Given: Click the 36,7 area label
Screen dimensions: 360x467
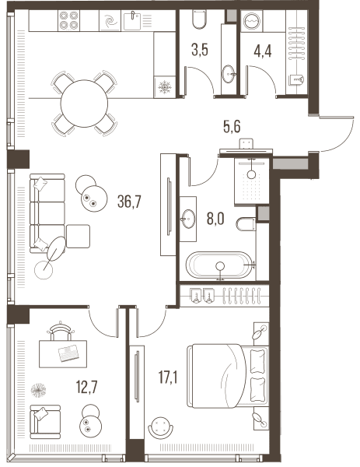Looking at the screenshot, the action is (129, 202).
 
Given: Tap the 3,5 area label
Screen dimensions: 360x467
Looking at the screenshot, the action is (200, 50).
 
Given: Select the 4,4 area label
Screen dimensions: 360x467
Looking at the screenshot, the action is (262, 51).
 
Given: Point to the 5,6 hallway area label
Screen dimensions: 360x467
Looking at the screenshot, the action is (232, 127).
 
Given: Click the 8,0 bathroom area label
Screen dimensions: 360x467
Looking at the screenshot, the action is (215, 219).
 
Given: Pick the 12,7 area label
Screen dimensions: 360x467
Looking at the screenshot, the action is (86, 388).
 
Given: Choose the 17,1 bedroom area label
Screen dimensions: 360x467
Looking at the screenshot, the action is (169, 377).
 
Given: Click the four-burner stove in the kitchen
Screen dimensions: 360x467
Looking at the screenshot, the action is (69, 20).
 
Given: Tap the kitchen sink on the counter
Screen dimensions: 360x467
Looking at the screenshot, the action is (132, 20).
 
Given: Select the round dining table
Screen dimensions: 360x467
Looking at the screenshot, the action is (84, 104).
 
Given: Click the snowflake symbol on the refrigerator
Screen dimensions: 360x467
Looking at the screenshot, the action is (164, 87).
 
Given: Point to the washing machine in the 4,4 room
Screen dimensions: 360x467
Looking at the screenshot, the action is (251, 21).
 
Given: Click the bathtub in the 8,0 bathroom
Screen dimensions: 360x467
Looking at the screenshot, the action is (219, 265).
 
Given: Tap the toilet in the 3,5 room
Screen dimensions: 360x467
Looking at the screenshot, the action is (200, 19).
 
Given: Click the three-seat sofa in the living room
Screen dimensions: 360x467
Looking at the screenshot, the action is (47, 213).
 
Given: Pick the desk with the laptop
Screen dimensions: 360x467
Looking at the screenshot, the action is (63, 354).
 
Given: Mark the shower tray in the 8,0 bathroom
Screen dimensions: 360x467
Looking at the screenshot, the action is (252, 181).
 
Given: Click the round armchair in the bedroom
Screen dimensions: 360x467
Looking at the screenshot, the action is (161, 427).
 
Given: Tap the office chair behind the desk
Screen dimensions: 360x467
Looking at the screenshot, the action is (61, 331).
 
